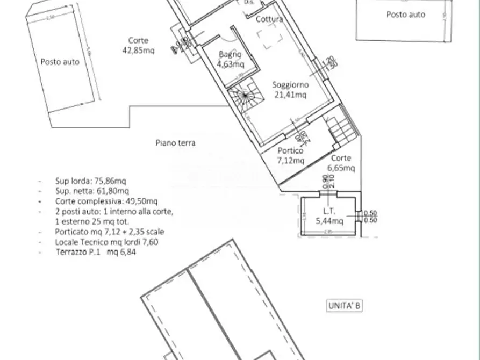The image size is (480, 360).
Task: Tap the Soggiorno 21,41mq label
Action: click(x=289, y=90)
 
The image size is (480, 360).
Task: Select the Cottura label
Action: click(x=269, y=20)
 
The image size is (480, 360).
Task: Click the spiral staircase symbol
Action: click(x=245, y=97)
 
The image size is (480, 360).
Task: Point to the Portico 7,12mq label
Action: click(x=290, y=156)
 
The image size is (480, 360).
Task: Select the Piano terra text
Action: click(x=175, y=143)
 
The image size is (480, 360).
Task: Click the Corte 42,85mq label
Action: click(x=138, y=46)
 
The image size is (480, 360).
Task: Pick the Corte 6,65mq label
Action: click(x=341, y=163)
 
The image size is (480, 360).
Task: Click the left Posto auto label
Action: click(x=60, y=62)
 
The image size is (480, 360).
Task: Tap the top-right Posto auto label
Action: click(x=405, y=15)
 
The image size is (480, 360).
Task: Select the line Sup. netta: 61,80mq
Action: click(x=91, y=191)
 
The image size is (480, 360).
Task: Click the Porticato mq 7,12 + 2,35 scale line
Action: click(x=110, y=232)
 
